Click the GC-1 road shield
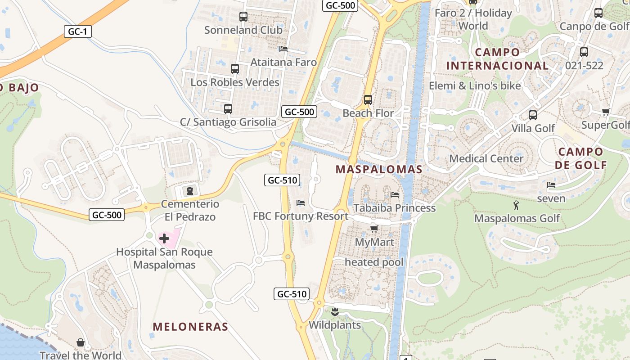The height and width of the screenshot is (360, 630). [78, 31]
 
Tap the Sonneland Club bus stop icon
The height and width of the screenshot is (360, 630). [243, 17]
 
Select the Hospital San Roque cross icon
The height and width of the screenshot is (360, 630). [164, 238]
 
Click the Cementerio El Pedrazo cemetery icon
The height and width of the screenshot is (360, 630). [190, 190]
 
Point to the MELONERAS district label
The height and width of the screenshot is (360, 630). [190, 327]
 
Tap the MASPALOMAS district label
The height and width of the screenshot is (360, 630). [379, 170]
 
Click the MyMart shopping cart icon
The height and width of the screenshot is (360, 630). [374, 229]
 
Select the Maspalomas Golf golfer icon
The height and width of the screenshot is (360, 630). [516, 206]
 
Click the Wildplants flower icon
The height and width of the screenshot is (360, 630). [335, 311]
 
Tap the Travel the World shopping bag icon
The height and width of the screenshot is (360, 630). [81, 342]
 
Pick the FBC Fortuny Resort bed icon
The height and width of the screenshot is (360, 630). [301, 203]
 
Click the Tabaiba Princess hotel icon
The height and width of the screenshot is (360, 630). [395, 194]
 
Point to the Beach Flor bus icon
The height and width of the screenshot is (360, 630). [368, 100]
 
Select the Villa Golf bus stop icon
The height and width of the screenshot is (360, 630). [533, 115]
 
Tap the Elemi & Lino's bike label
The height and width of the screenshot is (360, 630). [475, 85]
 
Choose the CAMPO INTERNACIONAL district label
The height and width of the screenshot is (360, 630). [497, 59]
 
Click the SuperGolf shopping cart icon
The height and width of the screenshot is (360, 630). [606, 112]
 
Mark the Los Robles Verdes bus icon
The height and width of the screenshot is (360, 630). [235, 69]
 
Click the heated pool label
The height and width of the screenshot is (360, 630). [374, 262]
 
